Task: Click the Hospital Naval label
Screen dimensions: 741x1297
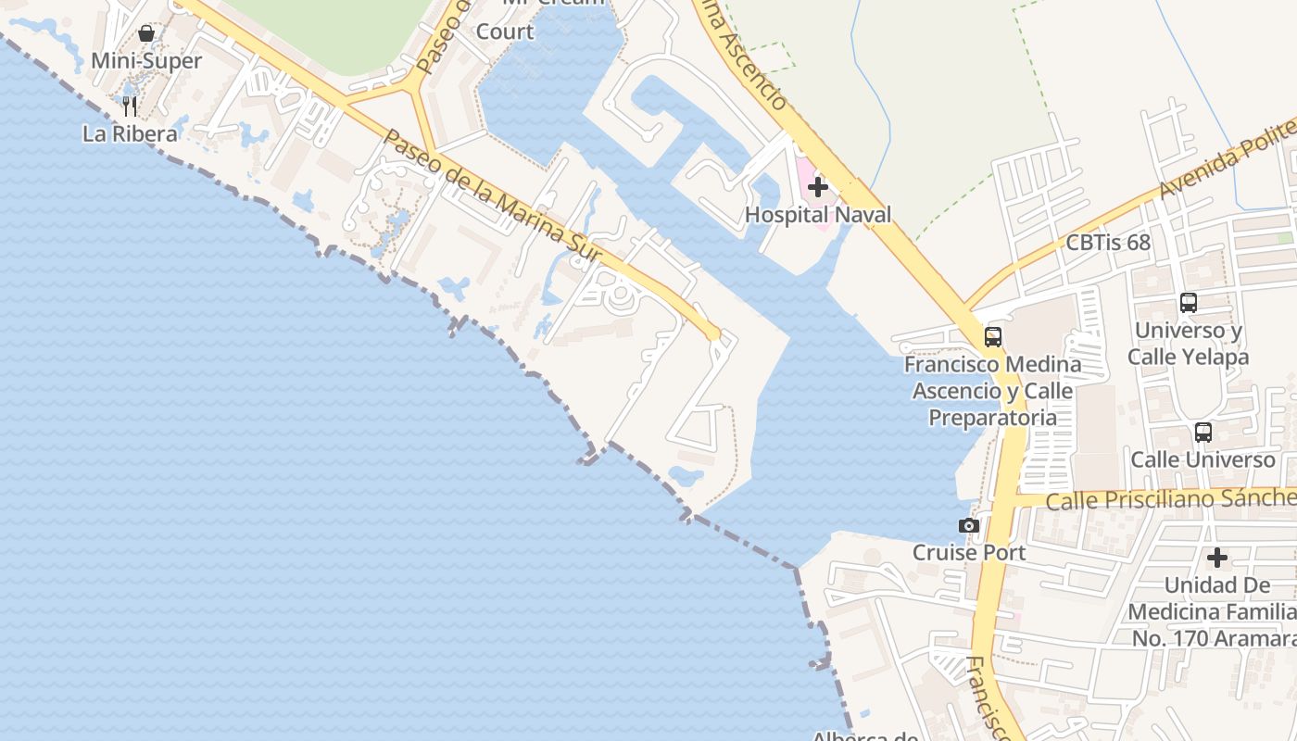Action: point(818,215)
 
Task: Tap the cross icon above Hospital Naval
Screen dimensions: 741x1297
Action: point(817,188)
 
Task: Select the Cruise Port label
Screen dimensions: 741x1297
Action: point(968,553)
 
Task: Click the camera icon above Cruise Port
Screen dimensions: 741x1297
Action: point(969,526)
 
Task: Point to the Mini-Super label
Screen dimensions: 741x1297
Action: point(146,61)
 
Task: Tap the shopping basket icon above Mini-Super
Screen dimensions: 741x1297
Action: point(146,34)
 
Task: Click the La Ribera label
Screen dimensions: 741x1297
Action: point(130,133)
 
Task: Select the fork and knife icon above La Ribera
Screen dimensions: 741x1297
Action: point(130,107)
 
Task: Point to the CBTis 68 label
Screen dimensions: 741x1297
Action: point(1108,243)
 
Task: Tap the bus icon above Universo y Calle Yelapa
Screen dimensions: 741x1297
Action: point(1189,303)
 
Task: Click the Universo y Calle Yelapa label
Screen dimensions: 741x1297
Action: point(1189,344)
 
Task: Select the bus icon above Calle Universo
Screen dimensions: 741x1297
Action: point(1203,433)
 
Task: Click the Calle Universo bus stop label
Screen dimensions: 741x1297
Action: point(1203,459)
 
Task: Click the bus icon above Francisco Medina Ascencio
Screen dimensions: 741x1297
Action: point(993,337)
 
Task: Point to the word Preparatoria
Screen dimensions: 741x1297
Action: point(992,418)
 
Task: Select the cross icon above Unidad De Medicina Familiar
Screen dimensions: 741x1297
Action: point(1217,559)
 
